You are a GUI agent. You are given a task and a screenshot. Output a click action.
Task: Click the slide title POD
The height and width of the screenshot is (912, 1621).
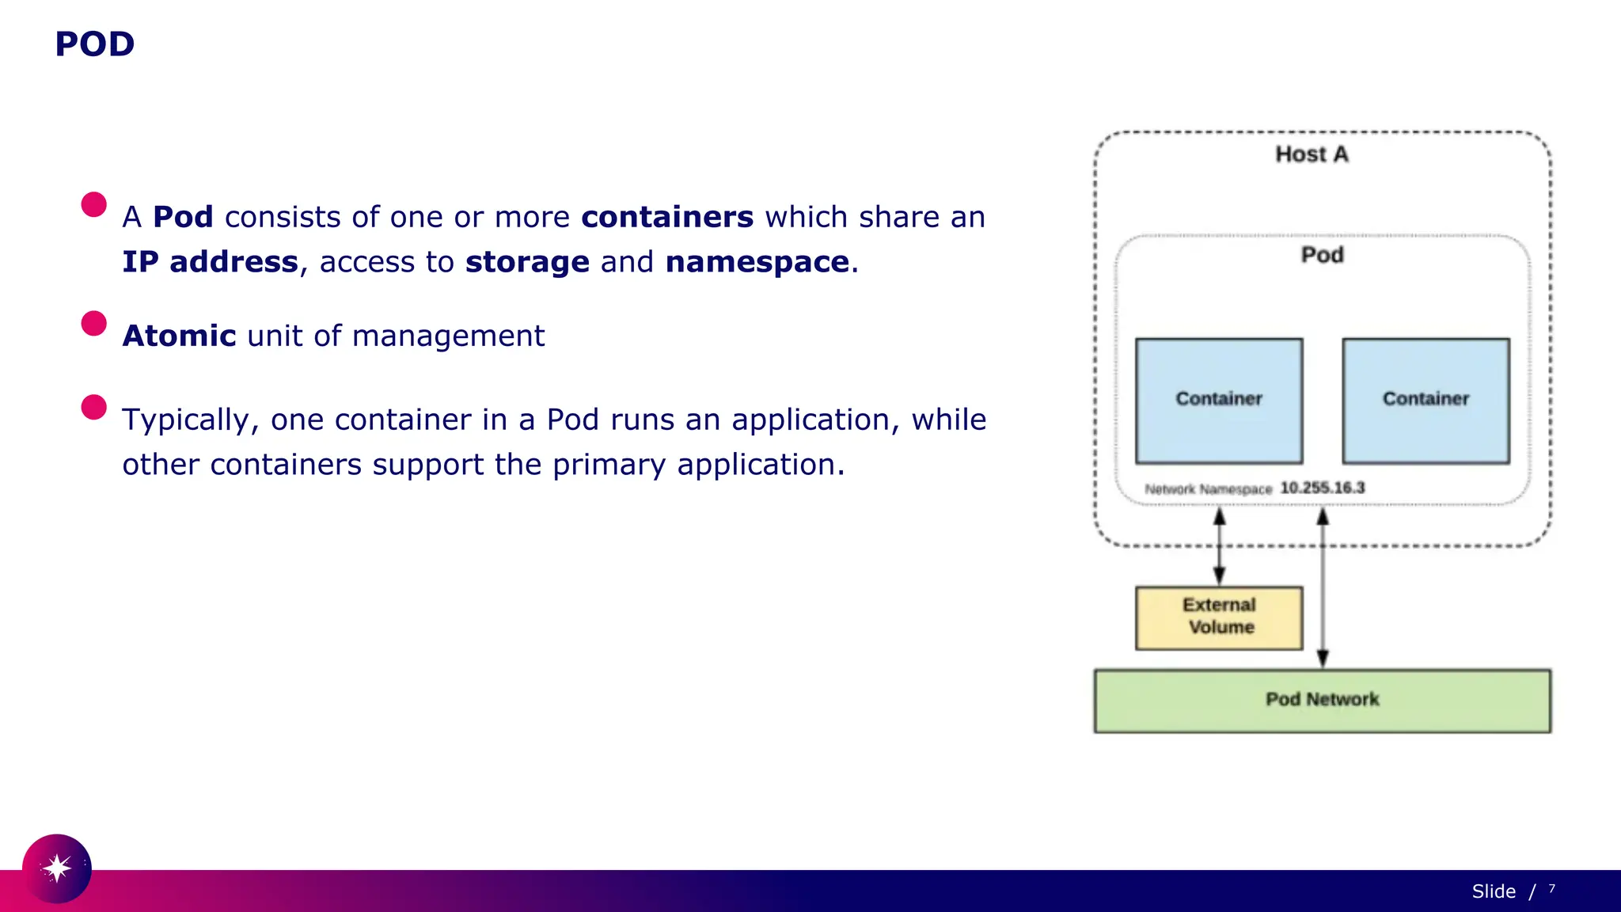(x=94, y=44)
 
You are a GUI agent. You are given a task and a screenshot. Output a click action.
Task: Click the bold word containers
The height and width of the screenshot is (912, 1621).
(x=667, y=217)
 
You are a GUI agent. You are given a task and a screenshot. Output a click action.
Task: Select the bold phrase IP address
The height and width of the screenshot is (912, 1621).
(x=210, y=262)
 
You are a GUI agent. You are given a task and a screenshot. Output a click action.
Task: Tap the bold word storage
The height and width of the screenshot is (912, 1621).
(x=527, y=262)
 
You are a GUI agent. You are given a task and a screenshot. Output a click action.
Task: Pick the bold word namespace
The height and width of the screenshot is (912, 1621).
(x=757, y=262)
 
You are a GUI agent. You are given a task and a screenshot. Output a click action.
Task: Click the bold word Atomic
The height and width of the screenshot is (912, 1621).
(x=180, y=336)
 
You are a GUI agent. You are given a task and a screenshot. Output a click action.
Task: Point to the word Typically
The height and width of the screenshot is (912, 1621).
(x=185, y=420)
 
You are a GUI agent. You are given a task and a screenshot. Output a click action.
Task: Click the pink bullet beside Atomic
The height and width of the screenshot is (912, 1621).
(x=93, y=323)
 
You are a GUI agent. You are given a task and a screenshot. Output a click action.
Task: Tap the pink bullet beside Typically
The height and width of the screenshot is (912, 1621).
(x=93, y=407)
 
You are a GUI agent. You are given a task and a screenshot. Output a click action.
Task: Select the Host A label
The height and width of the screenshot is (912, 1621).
(x=1312, y=154)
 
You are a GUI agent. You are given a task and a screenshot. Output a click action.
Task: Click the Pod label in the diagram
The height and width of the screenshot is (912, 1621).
(x=1322, y=255)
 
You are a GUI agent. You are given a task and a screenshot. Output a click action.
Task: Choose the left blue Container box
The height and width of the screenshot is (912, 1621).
(x=1219, y=401)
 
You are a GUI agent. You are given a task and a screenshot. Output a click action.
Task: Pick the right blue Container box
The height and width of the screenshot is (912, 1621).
(x=1425, y=401)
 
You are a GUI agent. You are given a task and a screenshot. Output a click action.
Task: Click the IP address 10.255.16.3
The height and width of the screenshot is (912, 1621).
(x=1323, y=488)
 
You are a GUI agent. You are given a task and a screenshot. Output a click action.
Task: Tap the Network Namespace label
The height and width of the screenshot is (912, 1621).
(x=1208, y=489)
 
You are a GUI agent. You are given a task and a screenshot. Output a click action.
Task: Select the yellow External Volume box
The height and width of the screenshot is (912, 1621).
(x=1219, y=617)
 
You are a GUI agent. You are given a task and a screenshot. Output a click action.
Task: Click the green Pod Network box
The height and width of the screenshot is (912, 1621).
(x=1322, y=701)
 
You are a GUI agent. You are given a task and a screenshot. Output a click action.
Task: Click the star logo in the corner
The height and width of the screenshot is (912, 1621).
(x=57, y=868)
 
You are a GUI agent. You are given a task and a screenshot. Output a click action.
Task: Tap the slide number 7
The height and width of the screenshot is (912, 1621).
(x=1551, y=889)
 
